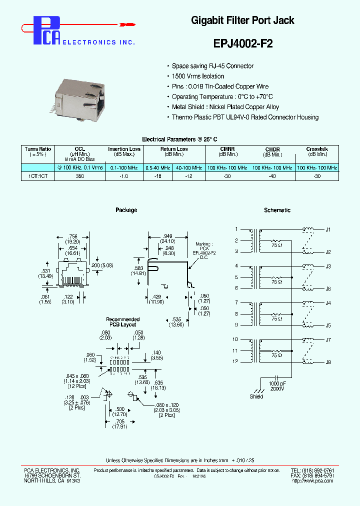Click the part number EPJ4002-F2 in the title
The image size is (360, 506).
[x=243, y=43]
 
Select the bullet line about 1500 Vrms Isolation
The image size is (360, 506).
[x=198, y=76]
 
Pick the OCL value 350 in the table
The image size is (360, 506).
[x=79, y=176]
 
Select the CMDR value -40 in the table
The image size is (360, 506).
[x=272, y=176]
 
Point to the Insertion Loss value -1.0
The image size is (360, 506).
[x=124, y=176]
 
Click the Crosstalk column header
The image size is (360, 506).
[x=317, y=149]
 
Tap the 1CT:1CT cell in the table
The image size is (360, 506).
[x=38, y=176]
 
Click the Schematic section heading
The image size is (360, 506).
[x=277, y=210]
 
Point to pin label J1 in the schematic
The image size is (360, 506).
[x=328, y=229]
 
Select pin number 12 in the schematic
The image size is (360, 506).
[x=235, y=361]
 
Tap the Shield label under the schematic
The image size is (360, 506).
[x=256, y=397]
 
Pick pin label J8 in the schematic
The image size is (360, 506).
[x=328, y=361]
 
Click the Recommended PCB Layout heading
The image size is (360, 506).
[x=122, y=322]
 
